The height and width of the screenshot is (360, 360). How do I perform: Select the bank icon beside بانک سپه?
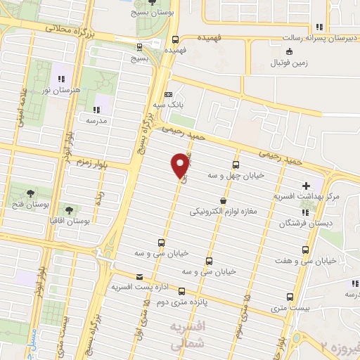pos(167,95)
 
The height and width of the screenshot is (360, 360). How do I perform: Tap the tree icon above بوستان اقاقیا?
pos(69,210)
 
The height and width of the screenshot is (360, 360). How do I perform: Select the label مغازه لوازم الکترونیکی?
pos(224,211)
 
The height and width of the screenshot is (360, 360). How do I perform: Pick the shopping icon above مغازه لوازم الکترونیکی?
pos(223,200)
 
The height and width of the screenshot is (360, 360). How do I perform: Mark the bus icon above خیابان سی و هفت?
pos(305,250)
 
